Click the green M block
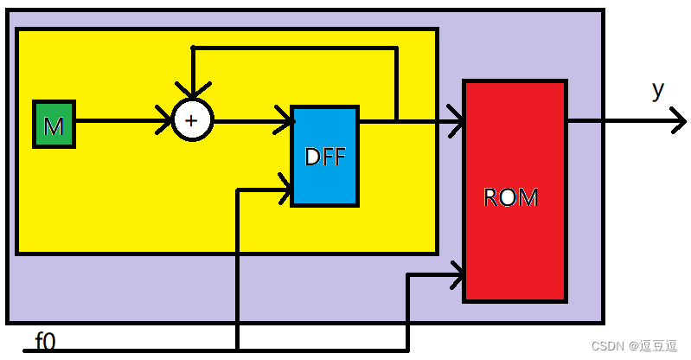click(x=54, y=124)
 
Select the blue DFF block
click(x=324, y=156)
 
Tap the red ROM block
click(x=515, y=190)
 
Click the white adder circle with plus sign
click(x=192, y=119)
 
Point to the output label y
click(x=658, y=90)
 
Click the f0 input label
click(x=45, y=341)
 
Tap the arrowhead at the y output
click(x=677, y=121)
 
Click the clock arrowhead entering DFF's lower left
click(x=285, y=187)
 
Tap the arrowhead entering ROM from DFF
click(x=457, y=121)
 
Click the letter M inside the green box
click(x=54, y=126)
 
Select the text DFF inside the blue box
click(x=324, y=157)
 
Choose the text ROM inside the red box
click(x=510, y=197)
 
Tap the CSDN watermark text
click(x=633, y=345)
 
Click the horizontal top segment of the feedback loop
click(x=294, y=48)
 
